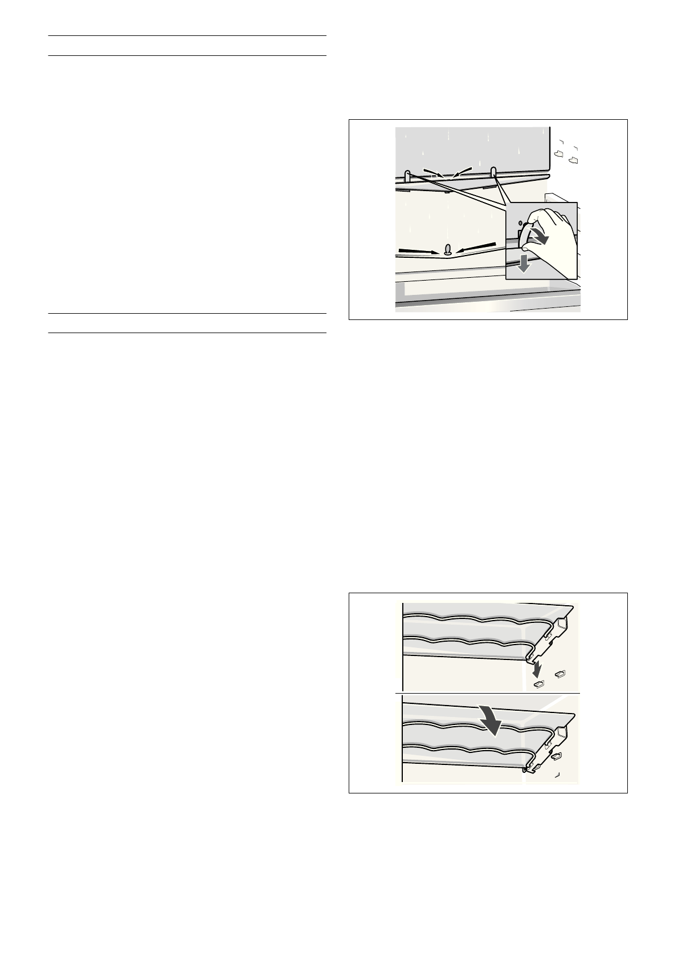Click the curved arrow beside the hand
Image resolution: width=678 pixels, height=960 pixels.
(x=540, y=236)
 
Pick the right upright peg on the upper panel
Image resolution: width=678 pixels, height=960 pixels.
(x=494, y=173)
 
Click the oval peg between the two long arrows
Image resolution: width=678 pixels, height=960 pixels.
(x=448, y=250)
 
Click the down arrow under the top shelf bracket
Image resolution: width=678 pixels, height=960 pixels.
(x=537, y=665)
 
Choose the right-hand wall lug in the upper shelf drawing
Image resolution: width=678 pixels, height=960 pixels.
(x=559, y=674)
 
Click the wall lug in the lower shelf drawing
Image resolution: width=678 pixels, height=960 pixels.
(x=556, y=756)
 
